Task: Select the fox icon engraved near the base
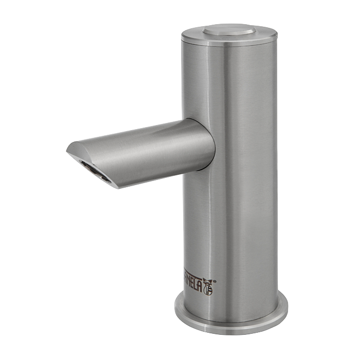(207, 286)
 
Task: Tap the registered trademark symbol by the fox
(214, 281)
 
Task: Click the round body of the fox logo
(207, 289)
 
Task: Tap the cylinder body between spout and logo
(231, 226)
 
